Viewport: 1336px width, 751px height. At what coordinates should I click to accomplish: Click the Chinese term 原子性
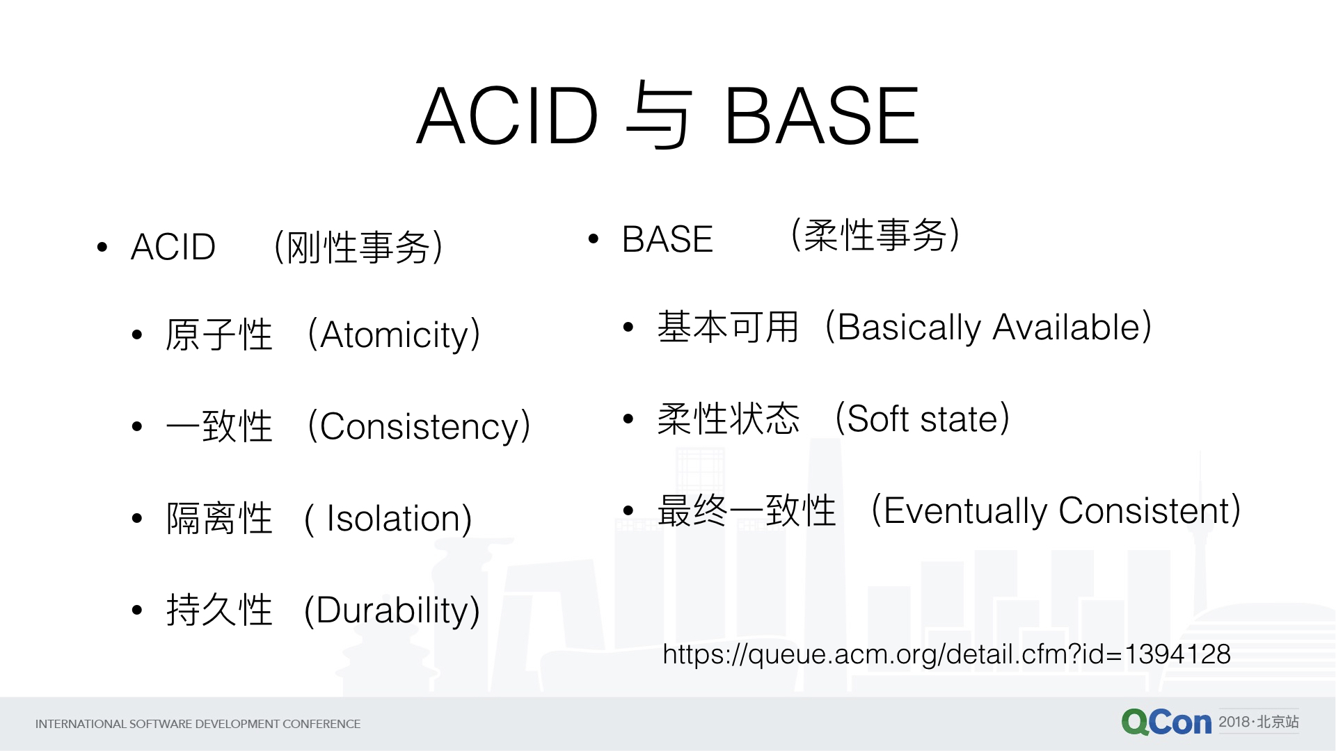[x=219, y=334]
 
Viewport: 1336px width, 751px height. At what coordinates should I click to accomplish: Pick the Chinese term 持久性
[x=219, y=610]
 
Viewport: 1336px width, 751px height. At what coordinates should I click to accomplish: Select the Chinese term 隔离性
[x=219, y=518]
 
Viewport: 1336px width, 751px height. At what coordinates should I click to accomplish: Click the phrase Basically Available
[x=989, y=328]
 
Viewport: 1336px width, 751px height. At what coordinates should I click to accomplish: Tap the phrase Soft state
[x=923, y=419]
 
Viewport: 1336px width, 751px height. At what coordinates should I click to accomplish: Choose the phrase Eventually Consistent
[x=1056, y=511]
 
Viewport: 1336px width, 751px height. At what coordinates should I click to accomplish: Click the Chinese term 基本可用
[x=728, y=327]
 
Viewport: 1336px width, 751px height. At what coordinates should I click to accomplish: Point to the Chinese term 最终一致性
[x=747, y=510]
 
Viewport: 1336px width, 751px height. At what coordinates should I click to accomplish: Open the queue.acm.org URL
[x=946, y=654]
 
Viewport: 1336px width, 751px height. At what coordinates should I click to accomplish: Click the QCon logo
[x=1166, y=722]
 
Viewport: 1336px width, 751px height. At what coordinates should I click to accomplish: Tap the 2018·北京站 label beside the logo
[x=1259, y=722]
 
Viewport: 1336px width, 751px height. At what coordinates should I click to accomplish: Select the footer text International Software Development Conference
[x=198, y=724]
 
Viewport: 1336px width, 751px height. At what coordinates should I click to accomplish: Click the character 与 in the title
[x=658, y=115]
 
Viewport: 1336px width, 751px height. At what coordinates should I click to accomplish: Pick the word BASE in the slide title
[x=822, y=116]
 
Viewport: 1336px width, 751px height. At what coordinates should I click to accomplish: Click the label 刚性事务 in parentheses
[x=358, y=248]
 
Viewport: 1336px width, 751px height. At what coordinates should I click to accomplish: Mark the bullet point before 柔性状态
[x=628, y=419]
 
